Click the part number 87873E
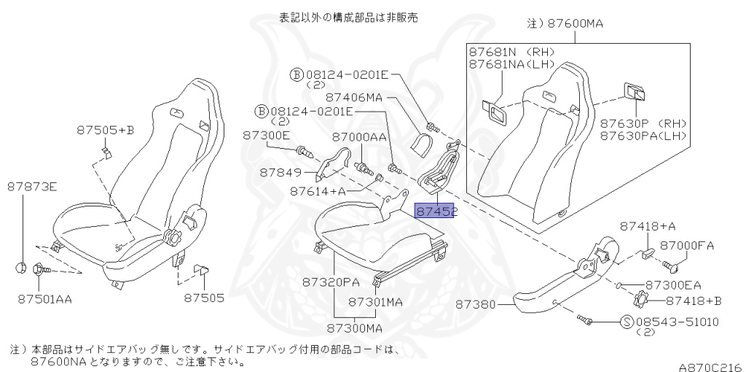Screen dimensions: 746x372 click(32, 187)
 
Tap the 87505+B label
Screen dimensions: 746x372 click(106, 131)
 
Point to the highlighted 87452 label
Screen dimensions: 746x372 click(435, 212)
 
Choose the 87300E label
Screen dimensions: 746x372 click(266, 136)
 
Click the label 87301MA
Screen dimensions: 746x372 click(375, 301)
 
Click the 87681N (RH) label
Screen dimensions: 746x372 click(511, 52)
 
